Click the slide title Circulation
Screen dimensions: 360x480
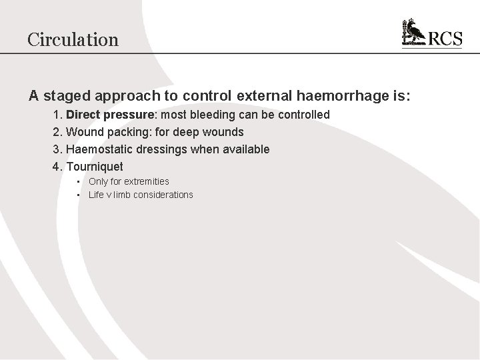point(73,39)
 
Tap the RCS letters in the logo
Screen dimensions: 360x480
point(444,38)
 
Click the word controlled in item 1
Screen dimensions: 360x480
point(303,115)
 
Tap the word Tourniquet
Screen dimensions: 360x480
point(95,167)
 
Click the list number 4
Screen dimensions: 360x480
point(57,167)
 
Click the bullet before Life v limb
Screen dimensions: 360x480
point(78,195)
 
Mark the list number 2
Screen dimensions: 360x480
point(57,132)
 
